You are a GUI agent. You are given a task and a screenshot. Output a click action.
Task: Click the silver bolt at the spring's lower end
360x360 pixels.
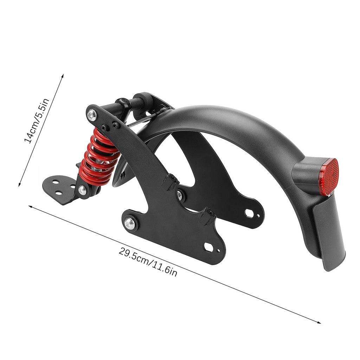coord(82,190)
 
